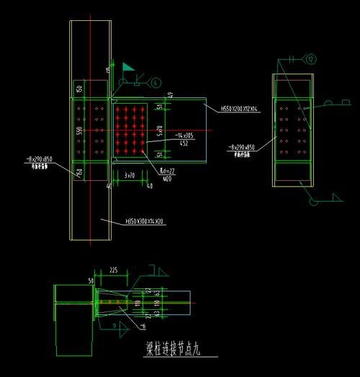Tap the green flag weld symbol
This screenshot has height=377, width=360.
(127, 68)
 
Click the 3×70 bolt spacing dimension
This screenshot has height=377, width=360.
(130, 175)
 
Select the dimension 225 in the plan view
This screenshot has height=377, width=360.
(113, 271)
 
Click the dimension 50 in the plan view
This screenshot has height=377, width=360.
(91, 280)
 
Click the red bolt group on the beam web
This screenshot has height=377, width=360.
(130, 130)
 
